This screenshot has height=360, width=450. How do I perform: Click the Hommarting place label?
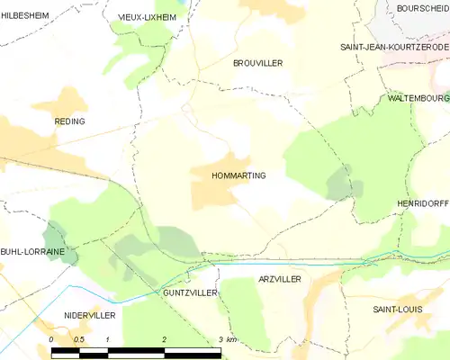point(238,175)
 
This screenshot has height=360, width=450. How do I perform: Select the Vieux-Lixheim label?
point(148,17)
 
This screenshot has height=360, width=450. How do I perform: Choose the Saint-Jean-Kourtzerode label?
point(394,47)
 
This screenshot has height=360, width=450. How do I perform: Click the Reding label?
point(69,121)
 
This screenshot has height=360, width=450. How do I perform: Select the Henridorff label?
point(422,205)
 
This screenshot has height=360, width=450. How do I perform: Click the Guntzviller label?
point(191,293)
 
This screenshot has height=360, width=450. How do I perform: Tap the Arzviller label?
point(280,280)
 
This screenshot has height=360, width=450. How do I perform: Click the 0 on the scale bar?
point(51,339)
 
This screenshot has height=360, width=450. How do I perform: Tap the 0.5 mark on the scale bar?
point(79,339)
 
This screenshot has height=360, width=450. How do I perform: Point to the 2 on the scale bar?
point(164,339)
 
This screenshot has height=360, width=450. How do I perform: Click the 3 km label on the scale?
point(226,339)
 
